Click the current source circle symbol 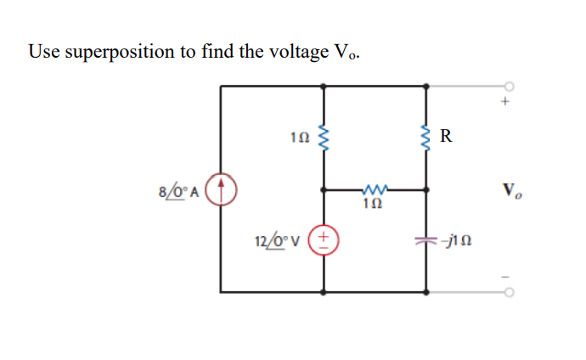click(222, 188)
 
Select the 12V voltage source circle click(324, 240)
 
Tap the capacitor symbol click(426, 240)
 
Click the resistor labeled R click(426, 135)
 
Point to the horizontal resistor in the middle click(374, 189)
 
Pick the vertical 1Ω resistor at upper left click(324, 136)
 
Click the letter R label click(448, 134)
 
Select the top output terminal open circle click(510, 86)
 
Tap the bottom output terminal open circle click(510, 292)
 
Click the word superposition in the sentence click(120, 53)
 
